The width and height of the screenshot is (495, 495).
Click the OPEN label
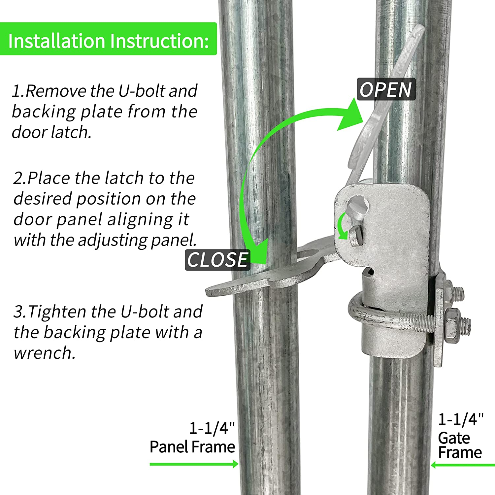tap(386, 89)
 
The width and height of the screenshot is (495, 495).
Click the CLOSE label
tap(217, 259)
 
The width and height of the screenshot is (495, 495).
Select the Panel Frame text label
tap(192, 447)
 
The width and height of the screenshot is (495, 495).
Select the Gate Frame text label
tap(460, 445)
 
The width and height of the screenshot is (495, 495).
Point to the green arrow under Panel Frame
tap(194, 464)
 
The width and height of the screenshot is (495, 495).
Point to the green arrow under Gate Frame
tap(463, 465)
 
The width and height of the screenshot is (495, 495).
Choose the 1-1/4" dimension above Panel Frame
tap(212, 428)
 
